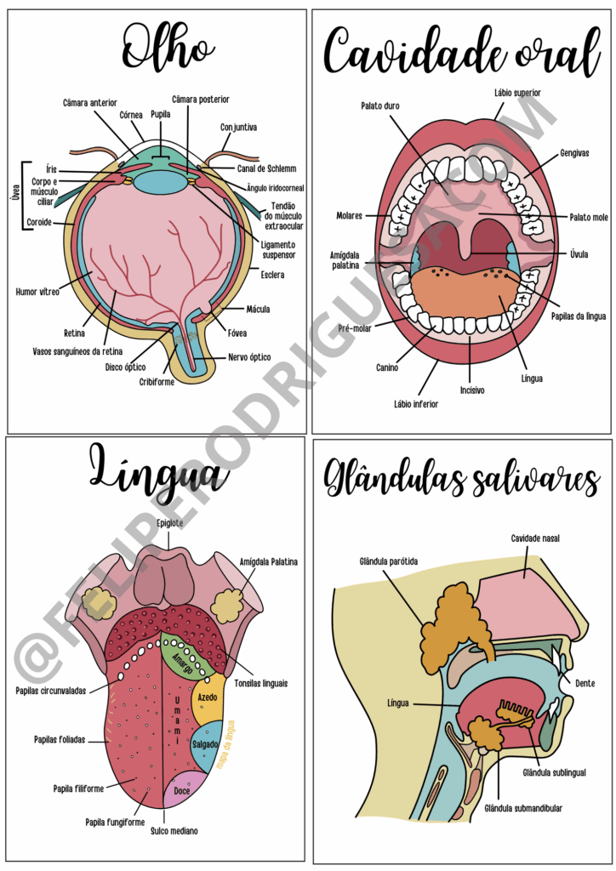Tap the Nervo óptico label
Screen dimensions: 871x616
coord(249,357)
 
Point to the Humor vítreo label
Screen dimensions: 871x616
coord(37,292)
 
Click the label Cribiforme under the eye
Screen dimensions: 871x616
coord(157,382)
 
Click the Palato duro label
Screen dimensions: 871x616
coord(379,106)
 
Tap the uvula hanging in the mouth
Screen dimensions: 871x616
coord(464,241)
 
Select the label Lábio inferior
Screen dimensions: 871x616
coord(416,404)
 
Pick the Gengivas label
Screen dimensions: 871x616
coord(574,153)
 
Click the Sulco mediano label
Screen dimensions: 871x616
coord(174,830)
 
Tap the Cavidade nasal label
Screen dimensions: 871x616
coord(535,538)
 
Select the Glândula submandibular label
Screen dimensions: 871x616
coord(522,808)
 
